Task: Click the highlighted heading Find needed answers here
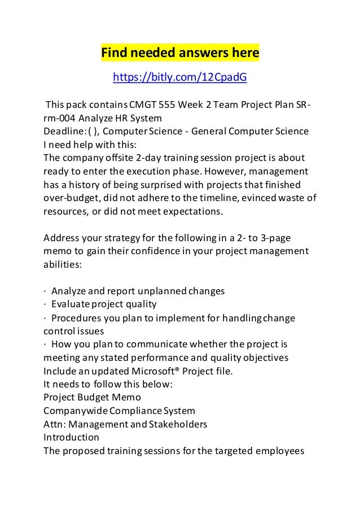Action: tap(179, 53)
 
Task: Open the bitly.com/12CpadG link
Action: tap(180, 77)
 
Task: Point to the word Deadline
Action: tap(63, 132)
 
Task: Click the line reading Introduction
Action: tap(71, 438)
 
